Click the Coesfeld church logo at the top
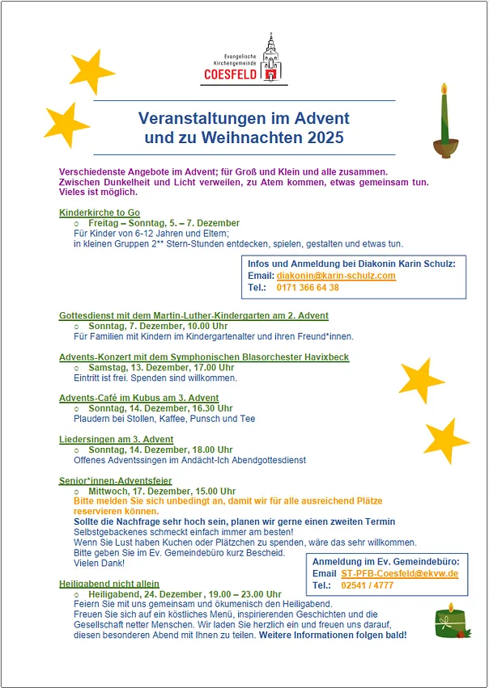point(244,60)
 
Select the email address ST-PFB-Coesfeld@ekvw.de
point(400,573)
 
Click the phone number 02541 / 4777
point(368,585)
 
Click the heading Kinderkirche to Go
point(100,213)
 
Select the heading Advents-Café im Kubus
point(138,398)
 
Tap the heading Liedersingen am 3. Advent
point(116,439)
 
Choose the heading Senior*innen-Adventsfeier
point(115,480)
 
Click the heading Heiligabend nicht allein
point(109,583)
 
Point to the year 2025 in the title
point(325,138)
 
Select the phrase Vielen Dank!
point(94,563)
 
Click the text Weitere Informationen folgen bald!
point(333,635)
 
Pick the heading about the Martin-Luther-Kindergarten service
point(193,315)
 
